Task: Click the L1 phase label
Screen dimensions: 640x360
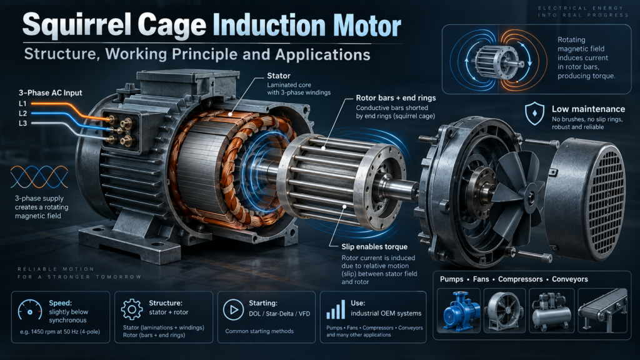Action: tap(22, 104)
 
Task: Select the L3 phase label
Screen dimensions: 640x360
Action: tap(23, 123)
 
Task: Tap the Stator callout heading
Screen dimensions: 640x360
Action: tap(279, 76)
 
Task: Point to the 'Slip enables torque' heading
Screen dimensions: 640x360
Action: tap(374, 247)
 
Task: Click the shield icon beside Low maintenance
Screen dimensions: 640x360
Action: tap(534, 113)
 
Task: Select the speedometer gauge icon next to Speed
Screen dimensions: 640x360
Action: tap(30, 310)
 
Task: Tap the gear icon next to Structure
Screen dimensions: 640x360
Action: tap(132, 309)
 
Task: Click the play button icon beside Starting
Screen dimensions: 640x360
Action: tap(234, 310)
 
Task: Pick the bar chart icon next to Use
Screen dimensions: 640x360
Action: tap(336, 310)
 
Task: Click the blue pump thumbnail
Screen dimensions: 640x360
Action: tap(458, 310)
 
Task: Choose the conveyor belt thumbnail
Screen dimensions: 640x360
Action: tap(602, 310)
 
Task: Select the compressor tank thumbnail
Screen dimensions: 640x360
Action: tap(551, 310)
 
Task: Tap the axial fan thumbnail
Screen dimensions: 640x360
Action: tap(504, 310)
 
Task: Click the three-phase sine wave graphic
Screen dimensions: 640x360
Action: tap(39, 177)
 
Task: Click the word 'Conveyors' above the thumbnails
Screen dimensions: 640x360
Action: tap(570, 279)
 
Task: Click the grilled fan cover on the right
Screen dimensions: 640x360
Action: tap(586, 200)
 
